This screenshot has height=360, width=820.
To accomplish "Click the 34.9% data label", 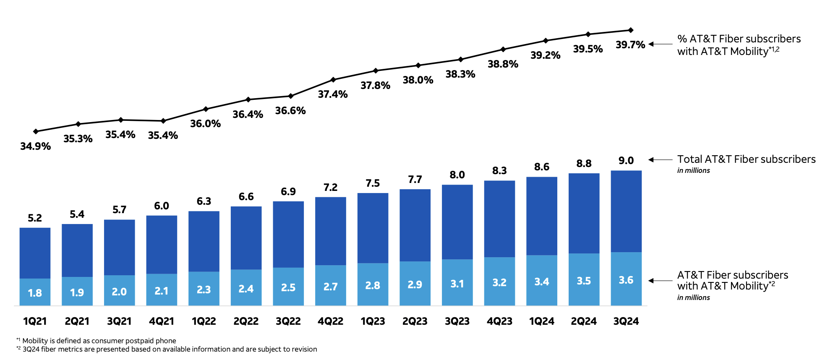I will [x=35, y=146].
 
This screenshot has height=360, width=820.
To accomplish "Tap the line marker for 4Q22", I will [x=333, y=79].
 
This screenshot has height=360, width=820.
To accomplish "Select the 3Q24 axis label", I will [x=626, y=321].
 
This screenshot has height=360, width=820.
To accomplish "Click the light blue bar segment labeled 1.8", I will [x=35, y=292].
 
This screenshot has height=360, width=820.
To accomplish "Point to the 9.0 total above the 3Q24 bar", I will [x=626, y=161].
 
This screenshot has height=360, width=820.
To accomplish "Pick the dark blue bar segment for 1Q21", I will [x=35, y=253].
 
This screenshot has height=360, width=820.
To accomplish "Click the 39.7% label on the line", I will [x=630, y=45].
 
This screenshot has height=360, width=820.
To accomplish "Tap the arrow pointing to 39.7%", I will [x=660, y=44].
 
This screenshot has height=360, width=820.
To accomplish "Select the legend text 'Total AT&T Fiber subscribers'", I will [x=746, y=159].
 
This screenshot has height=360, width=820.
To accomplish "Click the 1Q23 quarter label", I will [x=373, y=321].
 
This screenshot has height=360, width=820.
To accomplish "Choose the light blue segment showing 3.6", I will [x=626, y=279].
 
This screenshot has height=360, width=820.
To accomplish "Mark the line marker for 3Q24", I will [x=630, y=30].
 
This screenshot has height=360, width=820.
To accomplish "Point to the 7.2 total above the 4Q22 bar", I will [x=330, y=188].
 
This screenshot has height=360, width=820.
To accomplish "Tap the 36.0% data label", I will [x=205, y=124].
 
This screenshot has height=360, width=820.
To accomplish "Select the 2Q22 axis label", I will [x=246, y=321].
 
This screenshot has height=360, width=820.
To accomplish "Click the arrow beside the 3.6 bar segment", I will [x=660, y=281].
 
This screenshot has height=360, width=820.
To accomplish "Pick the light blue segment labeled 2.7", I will [x=330, y=286].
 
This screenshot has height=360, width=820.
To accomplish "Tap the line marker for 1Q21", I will [x=36, y=131].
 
